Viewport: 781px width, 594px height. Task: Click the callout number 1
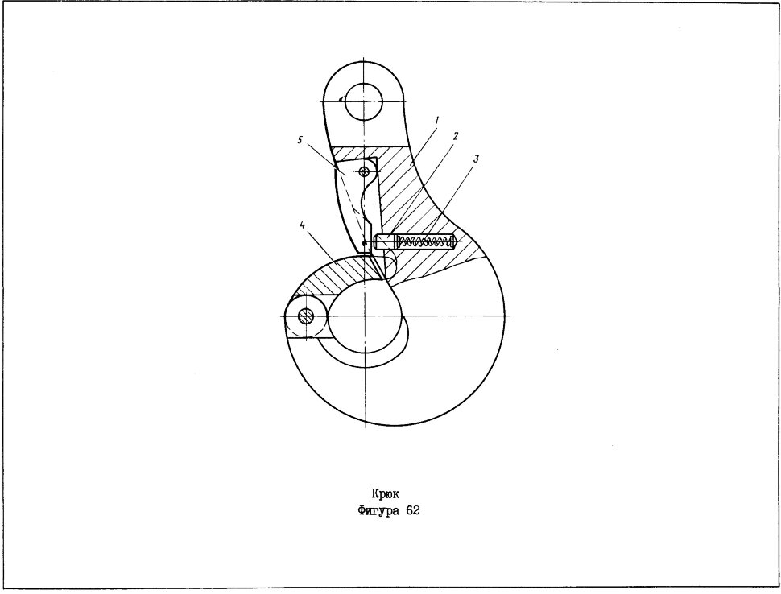coord(437,121)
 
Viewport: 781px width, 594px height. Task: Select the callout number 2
coord(455,136)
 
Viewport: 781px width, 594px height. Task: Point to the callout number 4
coord(303,225)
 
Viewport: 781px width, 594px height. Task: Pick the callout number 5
coord(300,140)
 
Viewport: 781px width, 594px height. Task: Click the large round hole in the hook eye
coord(364,102)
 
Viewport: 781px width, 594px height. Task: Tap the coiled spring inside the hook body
coord(424,243)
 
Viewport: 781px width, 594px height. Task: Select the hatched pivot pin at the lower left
coord(306,316)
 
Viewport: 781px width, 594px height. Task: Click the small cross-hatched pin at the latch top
coord(365,171)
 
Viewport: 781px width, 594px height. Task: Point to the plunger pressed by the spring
coord(386,242)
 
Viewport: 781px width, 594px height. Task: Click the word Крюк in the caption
coord(385,494)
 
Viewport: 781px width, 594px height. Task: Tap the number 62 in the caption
coord(412,510)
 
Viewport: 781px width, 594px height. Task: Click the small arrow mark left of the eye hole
coord(340,99)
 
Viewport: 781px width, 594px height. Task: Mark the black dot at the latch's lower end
coord(364,243)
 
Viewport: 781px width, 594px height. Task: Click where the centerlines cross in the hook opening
coord(365,316)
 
